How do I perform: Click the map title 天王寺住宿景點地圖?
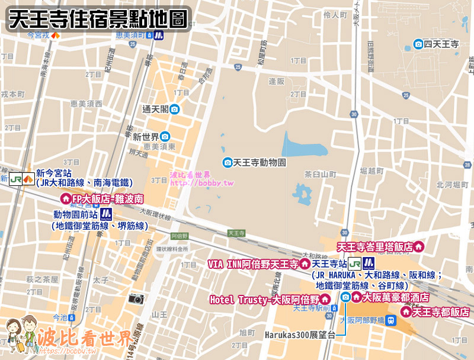(98, 18)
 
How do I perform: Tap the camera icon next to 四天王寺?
(419, 44)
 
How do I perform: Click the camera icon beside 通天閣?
(175, 109)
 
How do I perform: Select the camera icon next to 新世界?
(165, 136)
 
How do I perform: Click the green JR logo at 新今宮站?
(15, 178)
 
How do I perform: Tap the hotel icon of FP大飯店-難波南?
(66, 200)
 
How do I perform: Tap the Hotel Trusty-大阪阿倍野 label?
(264, 300)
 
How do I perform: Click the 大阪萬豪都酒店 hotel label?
(396, 297)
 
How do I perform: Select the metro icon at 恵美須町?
(159, 35)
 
